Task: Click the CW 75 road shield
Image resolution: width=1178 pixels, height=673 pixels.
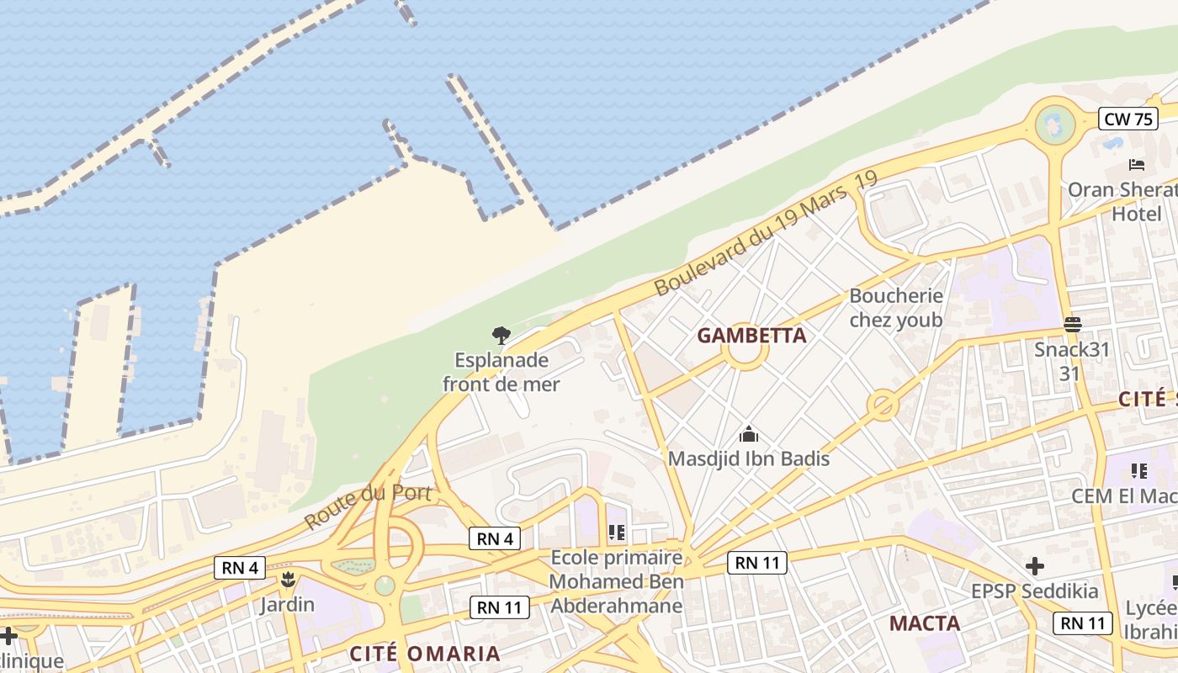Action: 1128,119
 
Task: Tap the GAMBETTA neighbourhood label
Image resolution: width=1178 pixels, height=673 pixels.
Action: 751,336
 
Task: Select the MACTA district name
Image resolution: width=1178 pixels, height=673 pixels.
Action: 925,623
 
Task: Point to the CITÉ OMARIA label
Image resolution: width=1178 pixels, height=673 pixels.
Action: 425,654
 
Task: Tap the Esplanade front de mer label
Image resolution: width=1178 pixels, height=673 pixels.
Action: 501,373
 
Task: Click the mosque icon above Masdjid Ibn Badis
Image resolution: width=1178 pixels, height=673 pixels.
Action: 748,435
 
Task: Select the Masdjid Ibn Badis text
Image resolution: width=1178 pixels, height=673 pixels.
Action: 748,458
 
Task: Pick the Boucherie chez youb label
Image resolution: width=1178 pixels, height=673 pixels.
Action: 896,308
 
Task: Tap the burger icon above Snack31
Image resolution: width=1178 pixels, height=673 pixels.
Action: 1072,324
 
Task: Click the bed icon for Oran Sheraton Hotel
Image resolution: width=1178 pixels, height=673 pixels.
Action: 1137,165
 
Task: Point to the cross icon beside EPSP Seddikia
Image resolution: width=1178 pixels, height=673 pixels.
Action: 1035,566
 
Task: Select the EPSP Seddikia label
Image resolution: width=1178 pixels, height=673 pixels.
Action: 1034,591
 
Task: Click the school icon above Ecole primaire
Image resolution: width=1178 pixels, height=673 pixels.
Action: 617,533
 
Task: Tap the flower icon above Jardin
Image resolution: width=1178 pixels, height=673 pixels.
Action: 288,580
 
